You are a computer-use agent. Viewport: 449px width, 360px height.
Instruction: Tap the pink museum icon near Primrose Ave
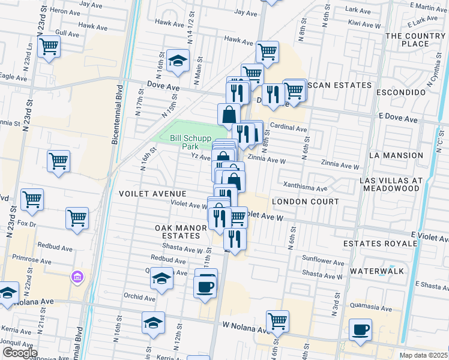[77, 277]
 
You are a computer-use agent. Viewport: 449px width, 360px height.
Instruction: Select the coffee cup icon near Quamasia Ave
[361, 329]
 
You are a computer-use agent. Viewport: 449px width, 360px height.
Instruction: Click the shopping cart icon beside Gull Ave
[49, 46]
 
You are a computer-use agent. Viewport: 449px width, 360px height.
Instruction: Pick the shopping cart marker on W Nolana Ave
[277, 322]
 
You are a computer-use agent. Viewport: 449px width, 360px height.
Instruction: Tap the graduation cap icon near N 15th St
[178, 60]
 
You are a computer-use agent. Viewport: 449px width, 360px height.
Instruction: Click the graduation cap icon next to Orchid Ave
[161, 278]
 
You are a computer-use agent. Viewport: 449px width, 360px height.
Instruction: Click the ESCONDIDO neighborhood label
[401, 93]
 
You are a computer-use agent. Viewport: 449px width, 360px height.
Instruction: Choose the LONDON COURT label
[305, 202]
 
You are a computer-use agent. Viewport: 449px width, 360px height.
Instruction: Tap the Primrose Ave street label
[31, 260]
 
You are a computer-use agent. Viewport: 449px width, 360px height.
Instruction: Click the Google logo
[20, 353]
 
